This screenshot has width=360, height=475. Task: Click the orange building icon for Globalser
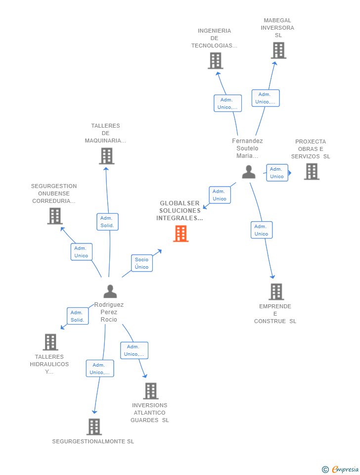pyautogui.click(x=180, y=234)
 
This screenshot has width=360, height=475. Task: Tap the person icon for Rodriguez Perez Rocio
pyautogui.click(x=110, y=291)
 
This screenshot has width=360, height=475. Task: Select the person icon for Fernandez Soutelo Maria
pyautogui.click(x=249, y=172)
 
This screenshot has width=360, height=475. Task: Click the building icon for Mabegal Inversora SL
pyautogui.click(x=278, y=50)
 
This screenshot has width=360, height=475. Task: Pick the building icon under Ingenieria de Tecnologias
pyautogui.click(x=215, y=61)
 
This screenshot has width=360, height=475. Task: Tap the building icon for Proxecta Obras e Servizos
pyautogui.click(x=312, y=172)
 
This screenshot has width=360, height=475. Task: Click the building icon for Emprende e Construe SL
pyautogui.click(x=276, y=292)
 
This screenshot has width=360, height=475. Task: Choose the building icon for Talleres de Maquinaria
pyautogui.click(x=106, y=156)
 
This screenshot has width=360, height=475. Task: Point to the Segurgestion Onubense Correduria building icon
pyautogui.click(x=55, y=216)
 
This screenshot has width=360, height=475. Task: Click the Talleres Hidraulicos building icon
pyautogui.click(x=50, y=342)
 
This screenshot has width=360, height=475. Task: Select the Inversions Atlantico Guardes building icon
pyautogui.click(x=150, y=391)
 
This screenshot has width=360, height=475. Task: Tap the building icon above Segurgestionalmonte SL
pyautogui.click(x=94, y=427)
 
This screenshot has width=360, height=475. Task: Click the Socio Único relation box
pyautogui.click(x=141, y=263)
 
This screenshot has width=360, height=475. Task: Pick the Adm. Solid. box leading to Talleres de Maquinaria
pyautogui.click(x=107, y=222)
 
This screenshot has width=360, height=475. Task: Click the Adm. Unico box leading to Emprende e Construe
pyautogui.click(x=261, y=230)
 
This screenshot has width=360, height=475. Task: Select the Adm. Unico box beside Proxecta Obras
pyautogui.click(x=277, y=173)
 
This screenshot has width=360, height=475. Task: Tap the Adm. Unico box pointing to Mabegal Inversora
pyautogui.click(x=266, y=98)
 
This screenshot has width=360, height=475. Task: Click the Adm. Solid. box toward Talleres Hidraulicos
pyautogui.click(x=78, y=316)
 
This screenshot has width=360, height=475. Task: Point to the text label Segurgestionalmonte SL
pyautogui.click(x=93, y=441)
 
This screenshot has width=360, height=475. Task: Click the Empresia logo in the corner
pyautogui.click(x=341, y=469)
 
